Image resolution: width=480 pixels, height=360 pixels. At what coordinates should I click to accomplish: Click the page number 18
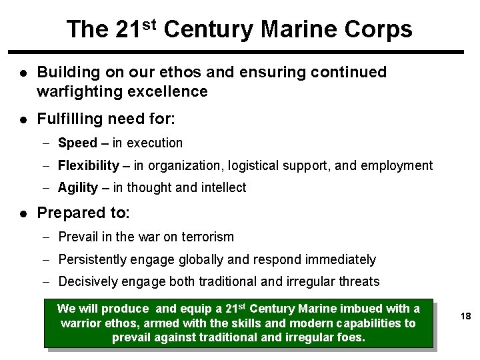tap(465, 317)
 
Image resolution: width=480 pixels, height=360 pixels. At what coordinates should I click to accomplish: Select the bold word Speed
tap(77, 143)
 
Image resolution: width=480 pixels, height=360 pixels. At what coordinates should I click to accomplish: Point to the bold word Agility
tap(78, 188)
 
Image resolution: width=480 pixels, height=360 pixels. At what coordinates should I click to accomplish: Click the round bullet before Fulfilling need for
tap(23, 119)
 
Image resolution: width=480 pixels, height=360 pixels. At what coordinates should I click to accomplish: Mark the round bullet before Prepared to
tap(23, 214)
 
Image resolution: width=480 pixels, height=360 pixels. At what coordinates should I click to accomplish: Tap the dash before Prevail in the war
tap(48, 237)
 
